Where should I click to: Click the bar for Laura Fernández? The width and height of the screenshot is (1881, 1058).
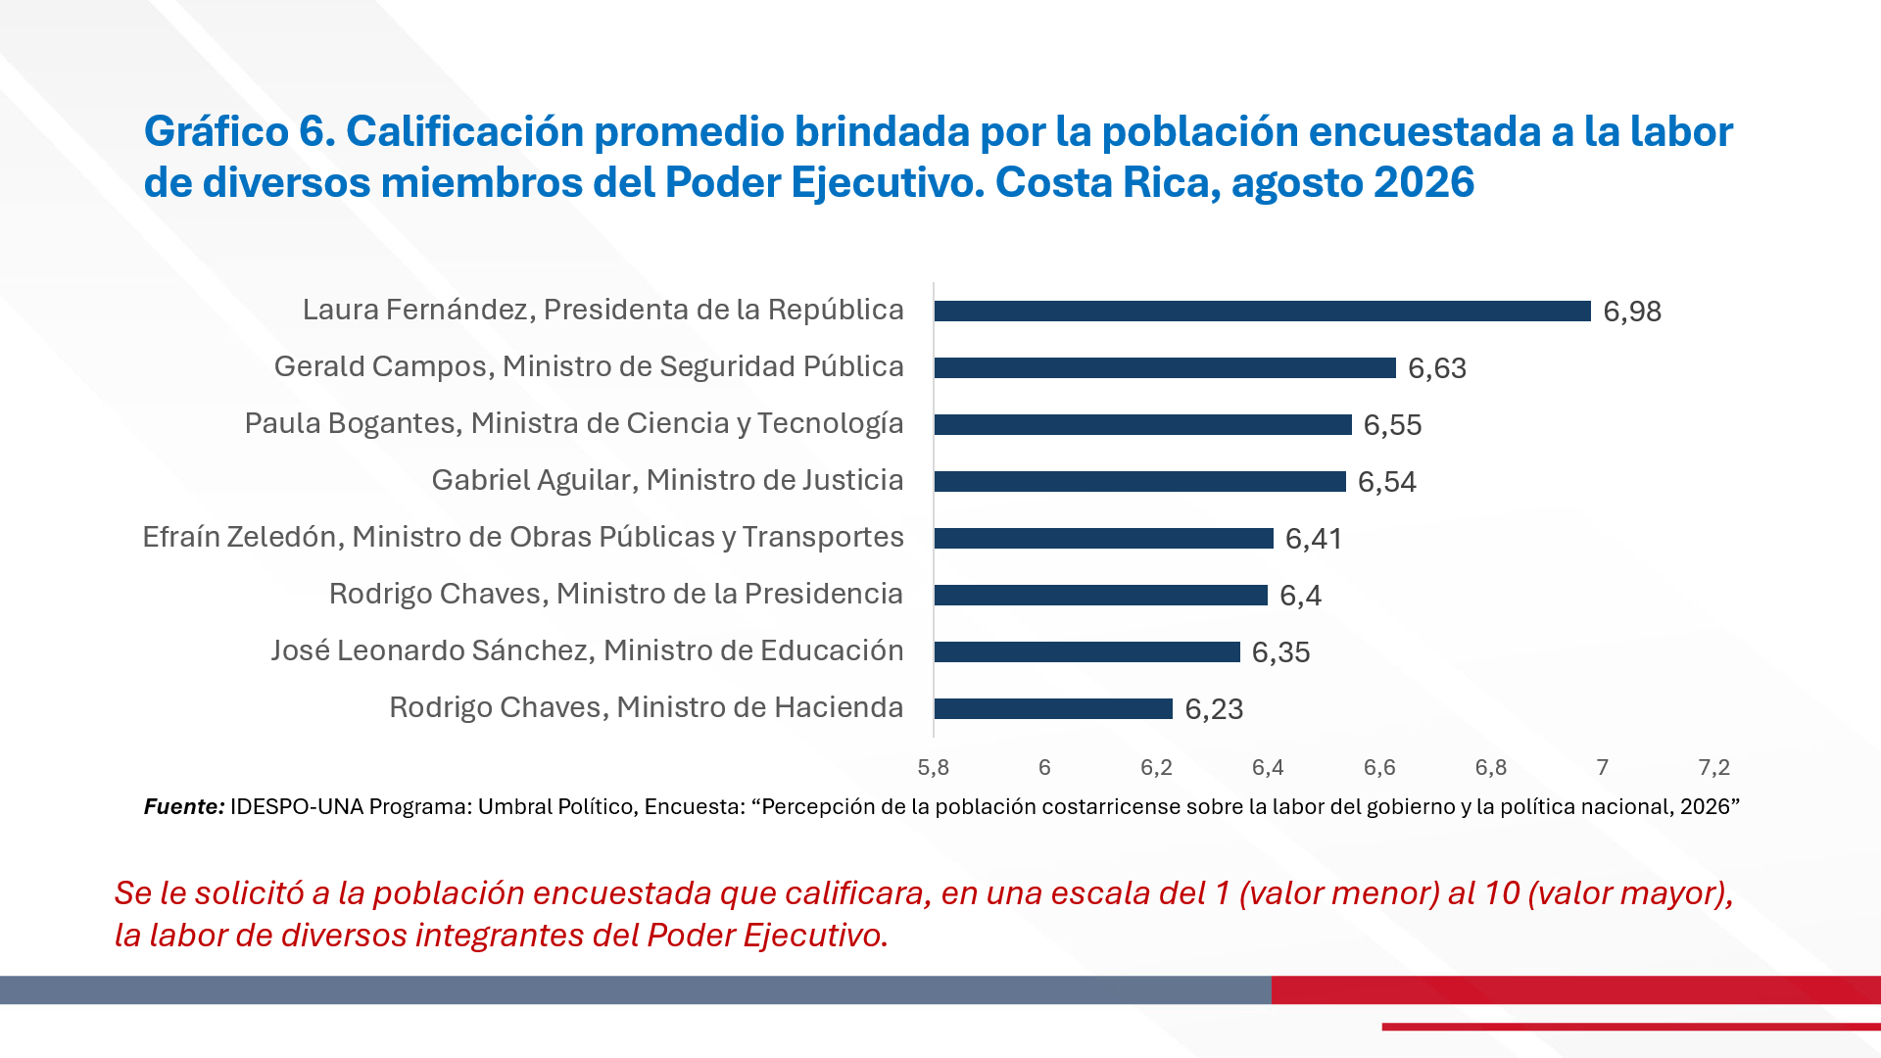pos(1263,311)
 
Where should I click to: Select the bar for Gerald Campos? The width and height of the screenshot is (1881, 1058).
pos(1165,367)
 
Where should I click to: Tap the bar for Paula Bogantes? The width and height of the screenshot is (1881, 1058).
pos(1143,424)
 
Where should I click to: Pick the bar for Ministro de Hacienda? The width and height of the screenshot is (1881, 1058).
pos(1053,708)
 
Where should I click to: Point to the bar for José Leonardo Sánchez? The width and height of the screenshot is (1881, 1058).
pos(1087,651)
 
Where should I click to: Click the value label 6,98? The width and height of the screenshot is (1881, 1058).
pos(1632,312)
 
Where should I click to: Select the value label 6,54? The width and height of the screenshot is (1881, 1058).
pos(1387,482)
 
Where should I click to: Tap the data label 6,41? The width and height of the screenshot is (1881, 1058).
pos(1314,539)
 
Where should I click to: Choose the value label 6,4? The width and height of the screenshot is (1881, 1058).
pos(1301,596)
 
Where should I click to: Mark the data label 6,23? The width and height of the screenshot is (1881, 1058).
pos(1214,709)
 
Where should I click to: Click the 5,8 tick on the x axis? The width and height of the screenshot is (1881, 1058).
pos(934,767)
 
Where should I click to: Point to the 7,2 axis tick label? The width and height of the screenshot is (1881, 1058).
pos(1714,767)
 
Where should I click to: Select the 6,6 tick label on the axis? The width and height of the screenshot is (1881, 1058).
pos(1379,767)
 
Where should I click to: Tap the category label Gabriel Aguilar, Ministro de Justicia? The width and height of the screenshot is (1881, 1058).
pos(667,480)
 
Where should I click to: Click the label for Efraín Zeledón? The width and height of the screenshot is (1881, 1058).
pos(523,537)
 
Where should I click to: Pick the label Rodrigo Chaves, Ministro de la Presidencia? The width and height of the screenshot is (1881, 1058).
pos(616,594)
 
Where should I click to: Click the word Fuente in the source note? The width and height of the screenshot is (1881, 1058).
pos(184,806)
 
